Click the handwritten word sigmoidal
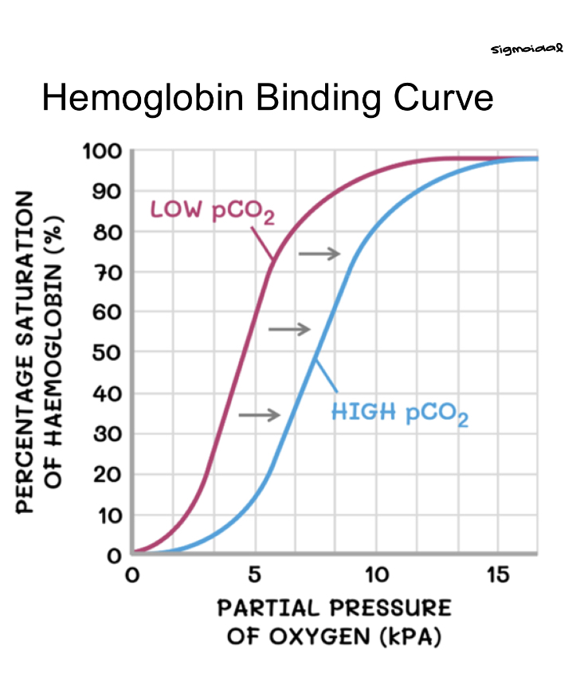(527, 50)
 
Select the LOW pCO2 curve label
(212, 213)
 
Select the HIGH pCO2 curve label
(399, 413)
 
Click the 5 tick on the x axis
(254, 574)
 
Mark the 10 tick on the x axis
(376, 574)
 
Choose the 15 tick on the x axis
(498, 574)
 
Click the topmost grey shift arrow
(319, 253)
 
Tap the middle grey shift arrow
(288, 329)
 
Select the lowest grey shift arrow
(259, 414)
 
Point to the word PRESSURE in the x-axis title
(390, 609)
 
